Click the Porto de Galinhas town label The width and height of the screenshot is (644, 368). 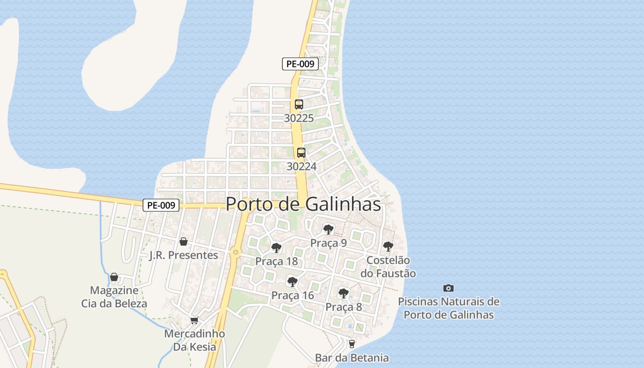pyautogui.click(x=304, y=204)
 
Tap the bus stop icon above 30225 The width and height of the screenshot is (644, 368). pyautogui.click(x=299, y=104)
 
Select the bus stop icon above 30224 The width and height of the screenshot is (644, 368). pyautogui.click(x=301, y=153)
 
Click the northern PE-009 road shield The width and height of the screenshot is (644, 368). pyautogui.click(x=300, y=64)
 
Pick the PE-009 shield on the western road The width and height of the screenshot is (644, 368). pyautogui.click(x=161, y=205)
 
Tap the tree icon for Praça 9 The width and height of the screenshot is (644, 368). pyautogui.click(x=328, y=229)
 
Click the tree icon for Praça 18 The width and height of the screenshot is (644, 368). pyautogui.click(x=276, y=248)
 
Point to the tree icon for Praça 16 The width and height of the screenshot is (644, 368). pyautogui.click(x=292, y=282)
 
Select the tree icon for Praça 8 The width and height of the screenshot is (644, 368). pyautogui.click(x=343, y=293)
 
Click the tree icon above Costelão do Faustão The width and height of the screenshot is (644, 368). pyautogui.click(x=388, y=246)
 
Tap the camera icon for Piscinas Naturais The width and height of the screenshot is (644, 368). pyautogui.click(x=448, y=288)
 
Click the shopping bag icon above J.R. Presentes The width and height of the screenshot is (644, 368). pyautogui.click(x=184, y=241)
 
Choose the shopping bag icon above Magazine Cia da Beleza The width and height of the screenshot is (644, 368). pyautogui.click(x=114, y=277)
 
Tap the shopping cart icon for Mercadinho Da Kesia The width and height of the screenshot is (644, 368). pyautogui.click(x=195, y=320)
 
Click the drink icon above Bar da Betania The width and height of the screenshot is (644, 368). pyautogui.click(x=352, y=344)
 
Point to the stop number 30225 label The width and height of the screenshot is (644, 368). pyautogui.click(x=299, y=118)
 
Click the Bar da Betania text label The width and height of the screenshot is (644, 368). pyautogui.click(x=352, y=358)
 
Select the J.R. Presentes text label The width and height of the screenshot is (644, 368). pyautogui.click(x=184, y=255)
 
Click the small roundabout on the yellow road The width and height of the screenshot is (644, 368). pyautogui.click(x=236, y=252)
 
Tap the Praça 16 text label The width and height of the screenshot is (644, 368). pyautogui.click(x=293, y=295)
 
